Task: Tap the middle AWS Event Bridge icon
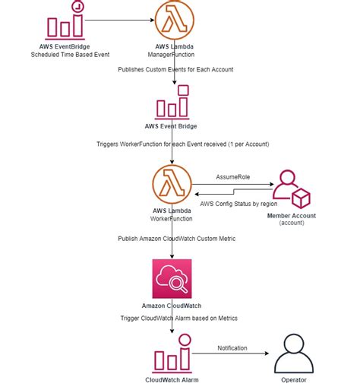pos(172,102)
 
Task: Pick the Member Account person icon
pos(291,189)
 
